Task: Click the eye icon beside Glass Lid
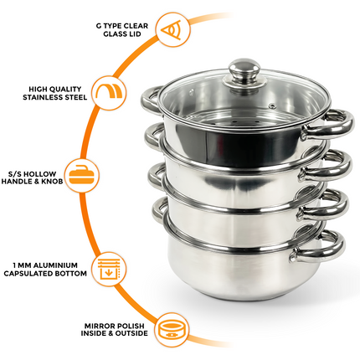click(x=172, y=29)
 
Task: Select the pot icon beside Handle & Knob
click(x=83, y=175)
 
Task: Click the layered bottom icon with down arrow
click(x=111, y=269)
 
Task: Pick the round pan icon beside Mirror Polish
click(x=172, y=330)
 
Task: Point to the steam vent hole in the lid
click(x=271, y=105)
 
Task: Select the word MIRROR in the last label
click(x=101, y=326)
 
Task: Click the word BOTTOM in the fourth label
click(x=71, y=273)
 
